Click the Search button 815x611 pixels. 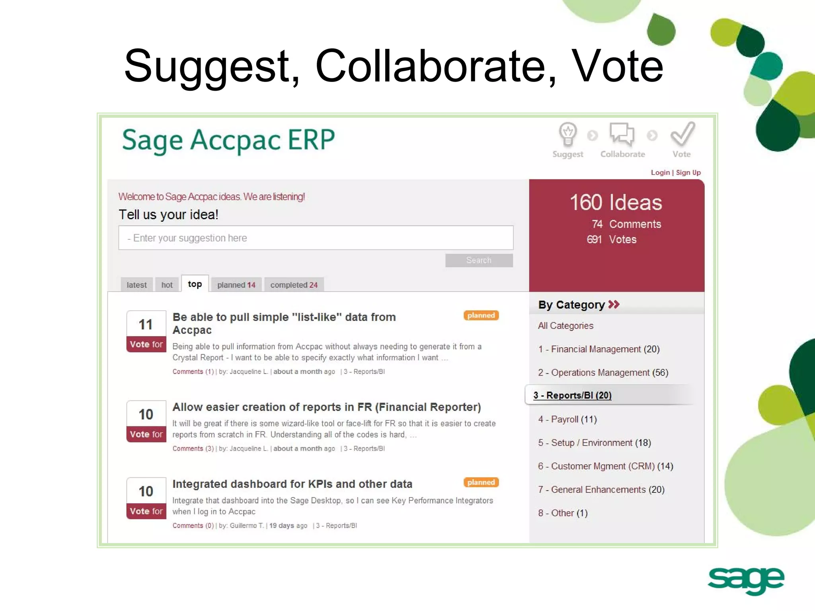click(479, 260)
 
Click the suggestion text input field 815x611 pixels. click(316, 238)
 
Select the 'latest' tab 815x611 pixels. click(136, 285)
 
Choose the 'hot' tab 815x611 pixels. click(167, 285)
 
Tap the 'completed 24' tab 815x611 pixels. click(294, 285)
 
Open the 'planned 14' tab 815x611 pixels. click(236, 285)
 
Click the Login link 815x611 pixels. click(660, 172)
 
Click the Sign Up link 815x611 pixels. click(688, 172)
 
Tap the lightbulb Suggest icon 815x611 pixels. click(567, 134)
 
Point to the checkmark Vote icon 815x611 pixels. click(682, 134)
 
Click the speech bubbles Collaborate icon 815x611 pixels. click(622, 134)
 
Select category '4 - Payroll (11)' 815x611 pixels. click(567, 419)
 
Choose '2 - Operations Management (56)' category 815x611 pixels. click(603, 372)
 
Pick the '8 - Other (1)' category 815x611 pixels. click(563, 513)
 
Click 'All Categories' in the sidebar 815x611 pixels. click(565, 326)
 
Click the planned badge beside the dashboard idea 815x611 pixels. click(481, 482)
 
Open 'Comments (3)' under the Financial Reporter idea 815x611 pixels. click(193, 448)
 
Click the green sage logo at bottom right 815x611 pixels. click(746, 580)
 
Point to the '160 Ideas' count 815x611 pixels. click(616, 202)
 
